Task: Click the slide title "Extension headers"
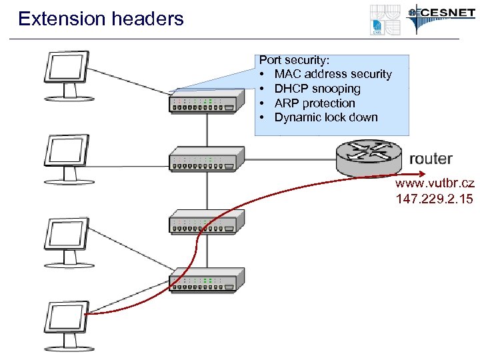click(101, 19)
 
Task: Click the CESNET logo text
click(444, 13)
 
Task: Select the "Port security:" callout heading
click(294, 60)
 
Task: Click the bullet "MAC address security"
click(333, 74)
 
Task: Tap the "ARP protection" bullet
click(315, 103)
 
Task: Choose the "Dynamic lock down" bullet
click(326, 117)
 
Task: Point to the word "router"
click(431, 159)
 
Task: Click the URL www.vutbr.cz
click(434, 184)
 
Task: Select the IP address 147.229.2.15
click(434, 199)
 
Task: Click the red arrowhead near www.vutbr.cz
click(395, 177)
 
